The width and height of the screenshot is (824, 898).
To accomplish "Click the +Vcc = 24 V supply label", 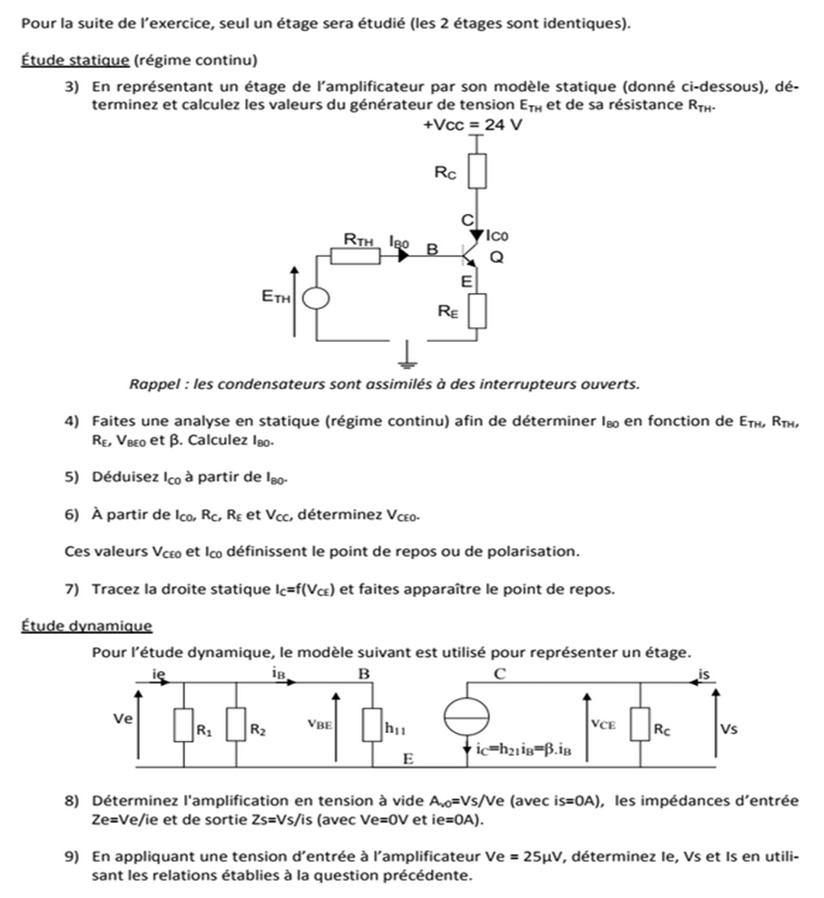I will pos(473,125).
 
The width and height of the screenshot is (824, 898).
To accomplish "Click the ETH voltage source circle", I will pos(316,298).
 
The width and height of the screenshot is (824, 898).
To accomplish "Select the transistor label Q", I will pos(496,257).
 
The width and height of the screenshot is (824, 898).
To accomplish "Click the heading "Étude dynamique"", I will pos(85,625).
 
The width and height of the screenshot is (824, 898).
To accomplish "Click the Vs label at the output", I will pos(731,728).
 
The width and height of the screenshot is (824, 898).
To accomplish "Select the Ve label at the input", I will pos(123,717).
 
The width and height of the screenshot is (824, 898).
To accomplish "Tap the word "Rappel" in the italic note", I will pos(155,384).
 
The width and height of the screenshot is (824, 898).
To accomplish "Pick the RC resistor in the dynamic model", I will pos(642,726).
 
